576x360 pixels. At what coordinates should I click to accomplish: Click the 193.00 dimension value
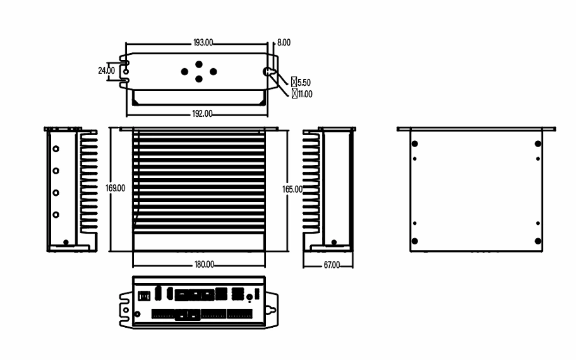pyautogui.click(x=203, y=43)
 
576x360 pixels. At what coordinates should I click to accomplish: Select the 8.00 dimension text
pyautogui.click(x=284, y=42)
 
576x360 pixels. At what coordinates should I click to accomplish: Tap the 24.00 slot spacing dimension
pyautogui.click(x=106, y=71)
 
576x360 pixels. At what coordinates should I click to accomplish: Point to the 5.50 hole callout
pyautogui.click(x=304, y=82)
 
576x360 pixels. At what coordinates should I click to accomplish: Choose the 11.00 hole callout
pyautogui.click(x=305, y=94)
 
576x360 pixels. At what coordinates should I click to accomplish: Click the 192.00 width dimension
pyautogui.click(x=202, y=114)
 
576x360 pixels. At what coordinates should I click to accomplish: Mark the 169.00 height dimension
pyautogui.click(x=115, y=188)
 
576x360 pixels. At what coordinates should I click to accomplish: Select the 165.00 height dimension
pyautogui.click(x=292, y=189)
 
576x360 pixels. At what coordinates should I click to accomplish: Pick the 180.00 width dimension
pyautogui.click(x=204, y=265)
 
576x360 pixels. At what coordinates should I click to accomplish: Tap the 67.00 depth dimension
pyautogui.click(x=332, y=265)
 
